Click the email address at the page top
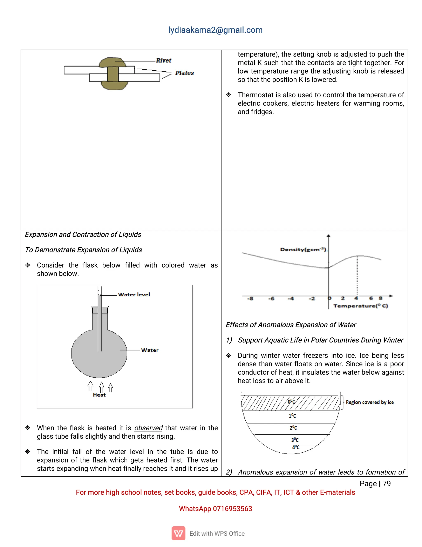215,30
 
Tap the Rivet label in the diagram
163,61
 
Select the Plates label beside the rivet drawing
184,73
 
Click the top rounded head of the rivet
112,62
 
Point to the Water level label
134,295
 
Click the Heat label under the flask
99,395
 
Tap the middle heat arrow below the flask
102,387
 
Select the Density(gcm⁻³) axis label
303,250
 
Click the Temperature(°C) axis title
361,306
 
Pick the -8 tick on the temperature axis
250,298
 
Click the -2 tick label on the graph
312,298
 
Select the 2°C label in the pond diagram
293,428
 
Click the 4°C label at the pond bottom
296,447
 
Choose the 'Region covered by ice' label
369,402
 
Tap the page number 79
387,484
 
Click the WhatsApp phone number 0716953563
232,509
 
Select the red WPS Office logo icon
178,533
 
